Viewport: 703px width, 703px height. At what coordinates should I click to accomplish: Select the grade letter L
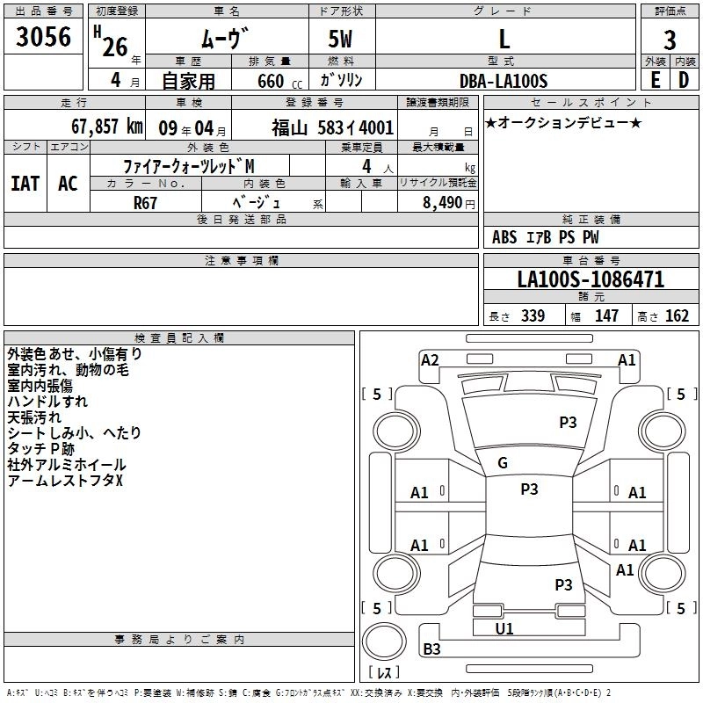(x=504, y=38)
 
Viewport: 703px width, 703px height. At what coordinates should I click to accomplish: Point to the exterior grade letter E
(x=655, y=79)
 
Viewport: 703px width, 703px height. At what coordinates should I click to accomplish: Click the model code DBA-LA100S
(x=504, y=81)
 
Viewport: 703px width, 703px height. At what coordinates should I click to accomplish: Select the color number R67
(x=146, y=201)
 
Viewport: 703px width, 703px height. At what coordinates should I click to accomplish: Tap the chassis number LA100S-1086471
(x=591, y=280)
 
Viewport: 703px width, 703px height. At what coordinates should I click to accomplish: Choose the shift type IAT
(x=25, y=184)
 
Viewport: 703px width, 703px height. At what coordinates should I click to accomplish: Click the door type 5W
(x=342, y=38)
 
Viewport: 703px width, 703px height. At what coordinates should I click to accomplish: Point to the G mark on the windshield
(x=502, y=463)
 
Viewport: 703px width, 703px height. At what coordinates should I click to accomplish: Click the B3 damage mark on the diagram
(x=431, y=649)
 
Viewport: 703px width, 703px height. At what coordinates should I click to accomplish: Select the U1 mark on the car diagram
(x=504, y=628)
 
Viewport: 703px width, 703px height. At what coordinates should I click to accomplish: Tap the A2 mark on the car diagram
(x=430, y=359)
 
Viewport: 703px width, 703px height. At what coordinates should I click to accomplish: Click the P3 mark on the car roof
(x=529, y=489)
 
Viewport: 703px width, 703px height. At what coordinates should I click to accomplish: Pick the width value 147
(x=606, y=315)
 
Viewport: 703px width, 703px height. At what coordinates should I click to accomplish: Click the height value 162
(x=677, y=315)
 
